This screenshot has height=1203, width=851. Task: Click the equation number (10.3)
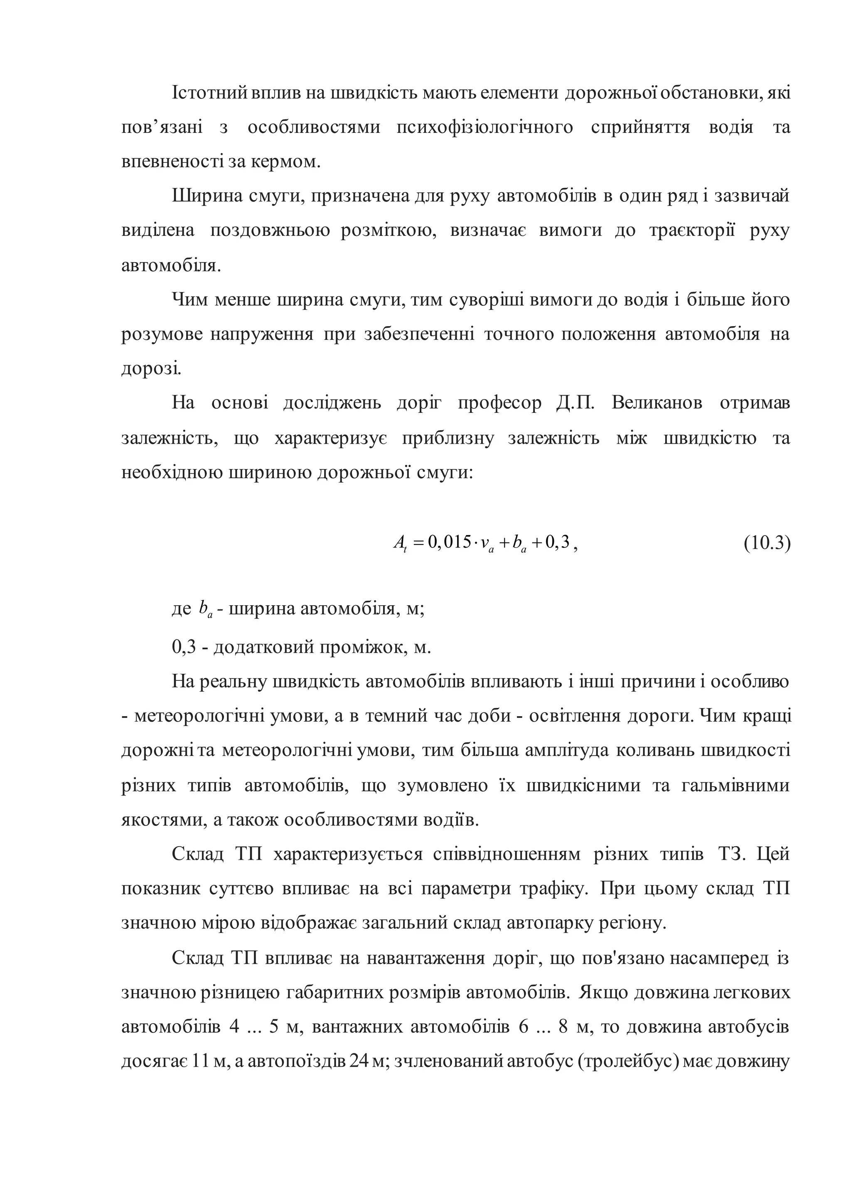[x=767, y=543]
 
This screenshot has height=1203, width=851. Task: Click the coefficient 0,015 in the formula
[x=450, y=542]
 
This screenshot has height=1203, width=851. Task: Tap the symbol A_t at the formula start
[x=400, y=543]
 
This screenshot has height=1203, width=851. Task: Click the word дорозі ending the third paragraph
[x=151, y=369]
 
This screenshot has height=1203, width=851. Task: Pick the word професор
[x=499, y=403]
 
